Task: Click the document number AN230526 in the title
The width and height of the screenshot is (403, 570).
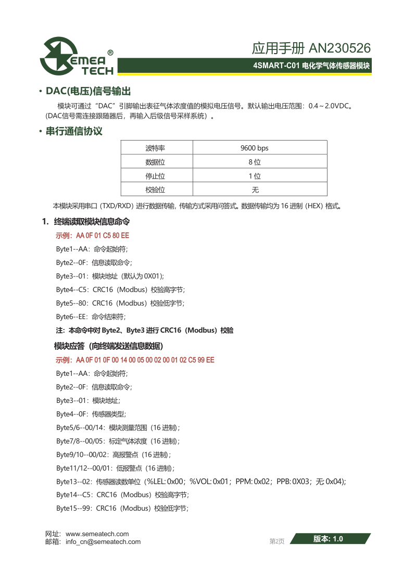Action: tap(339, 48)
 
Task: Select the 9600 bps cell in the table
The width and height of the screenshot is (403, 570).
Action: tap(254, 148)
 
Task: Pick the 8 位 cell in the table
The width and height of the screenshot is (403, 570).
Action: tap(254, 162)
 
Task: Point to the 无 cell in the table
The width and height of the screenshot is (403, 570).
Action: tap(255, 190)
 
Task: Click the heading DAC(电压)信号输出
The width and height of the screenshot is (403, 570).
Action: tap(88, 92)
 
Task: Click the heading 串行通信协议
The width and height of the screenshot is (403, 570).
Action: tap(74, 131)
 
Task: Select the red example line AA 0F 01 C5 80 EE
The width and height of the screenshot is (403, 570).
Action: tap(92, 236)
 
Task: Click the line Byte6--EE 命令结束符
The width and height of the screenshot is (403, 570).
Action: tap(91, 316)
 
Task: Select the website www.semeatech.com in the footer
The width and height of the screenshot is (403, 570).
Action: tap(97, 534)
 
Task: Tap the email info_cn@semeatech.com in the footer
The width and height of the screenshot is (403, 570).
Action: tap(103, 541)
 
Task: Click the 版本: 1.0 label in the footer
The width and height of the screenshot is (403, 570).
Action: tap(328, 539)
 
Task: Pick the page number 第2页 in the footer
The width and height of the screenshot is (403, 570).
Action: tap(276, 541)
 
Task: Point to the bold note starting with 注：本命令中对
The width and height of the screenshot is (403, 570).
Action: tap(144, 330)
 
